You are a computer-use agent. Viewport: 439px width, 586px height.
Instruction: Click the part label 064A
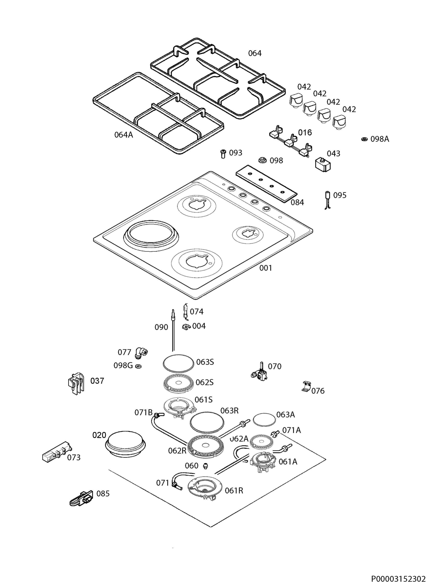coord(124,135)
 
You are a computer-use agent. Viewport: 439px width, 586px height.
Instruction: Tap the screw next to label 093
coord(223,154)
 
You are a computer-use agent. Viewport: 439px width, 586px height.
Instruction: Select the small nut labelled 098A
coord(364,139)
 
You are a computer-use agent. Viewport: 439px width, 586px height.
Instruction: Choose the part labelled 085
coord(81,498)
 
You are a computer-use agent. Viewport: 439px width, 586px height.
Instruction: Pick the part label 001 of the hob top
coord(265,268)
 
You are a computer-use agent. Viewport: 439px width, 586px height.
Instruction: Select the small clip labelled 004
coord(186,327)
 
